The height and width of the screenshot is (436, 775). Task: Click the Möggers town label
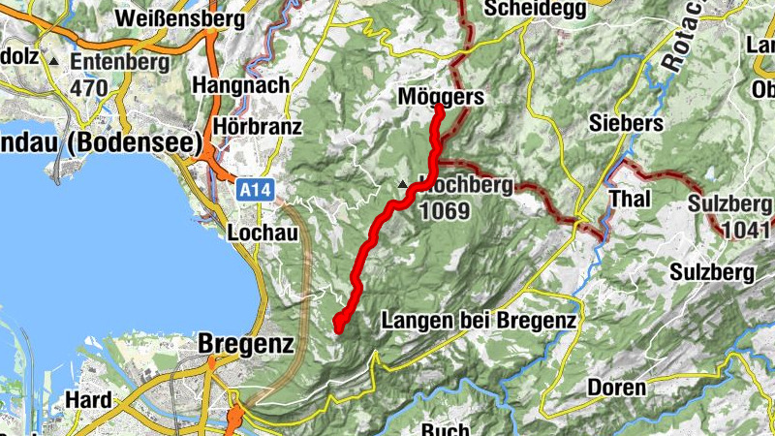click(x=441, y=97)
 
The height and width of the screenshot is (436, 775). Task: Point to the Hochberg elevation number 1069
click(x=445, y=211)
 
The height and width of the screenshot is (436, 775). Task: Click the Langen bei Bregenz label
click(x=480, y=320)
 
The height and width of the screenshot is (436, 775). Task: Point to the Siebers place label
click(x=626, y=123)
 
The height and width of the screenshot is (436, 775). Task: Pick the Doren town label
click(x=616, y=388)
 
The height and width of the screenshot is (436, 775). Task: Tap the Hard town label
click(x=88, y=399)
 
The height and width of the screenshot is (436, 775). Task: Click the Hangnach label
click(x=241, y=85)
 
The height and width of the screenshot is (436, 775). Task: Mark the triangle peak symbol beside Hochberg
click(x=403, y=183)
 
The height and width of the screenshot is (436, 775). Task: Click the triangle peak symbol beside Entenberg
click(x=54, y=62)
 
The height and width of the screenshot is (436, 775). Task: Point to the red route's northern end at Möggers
click(x=438, y=109)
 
